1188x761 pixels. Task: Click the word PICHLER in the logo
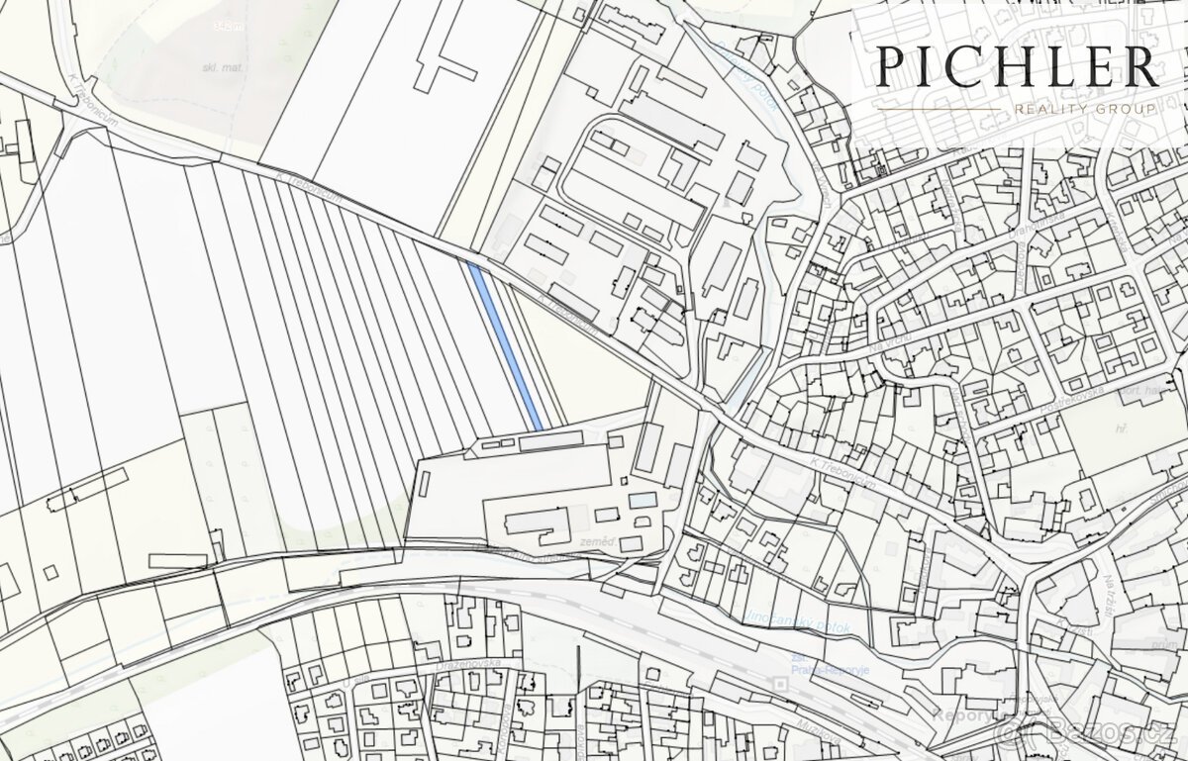1018,66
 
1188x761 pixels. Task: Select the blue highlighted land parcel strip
505,346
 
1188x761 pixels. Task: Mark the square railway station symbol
780,684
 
